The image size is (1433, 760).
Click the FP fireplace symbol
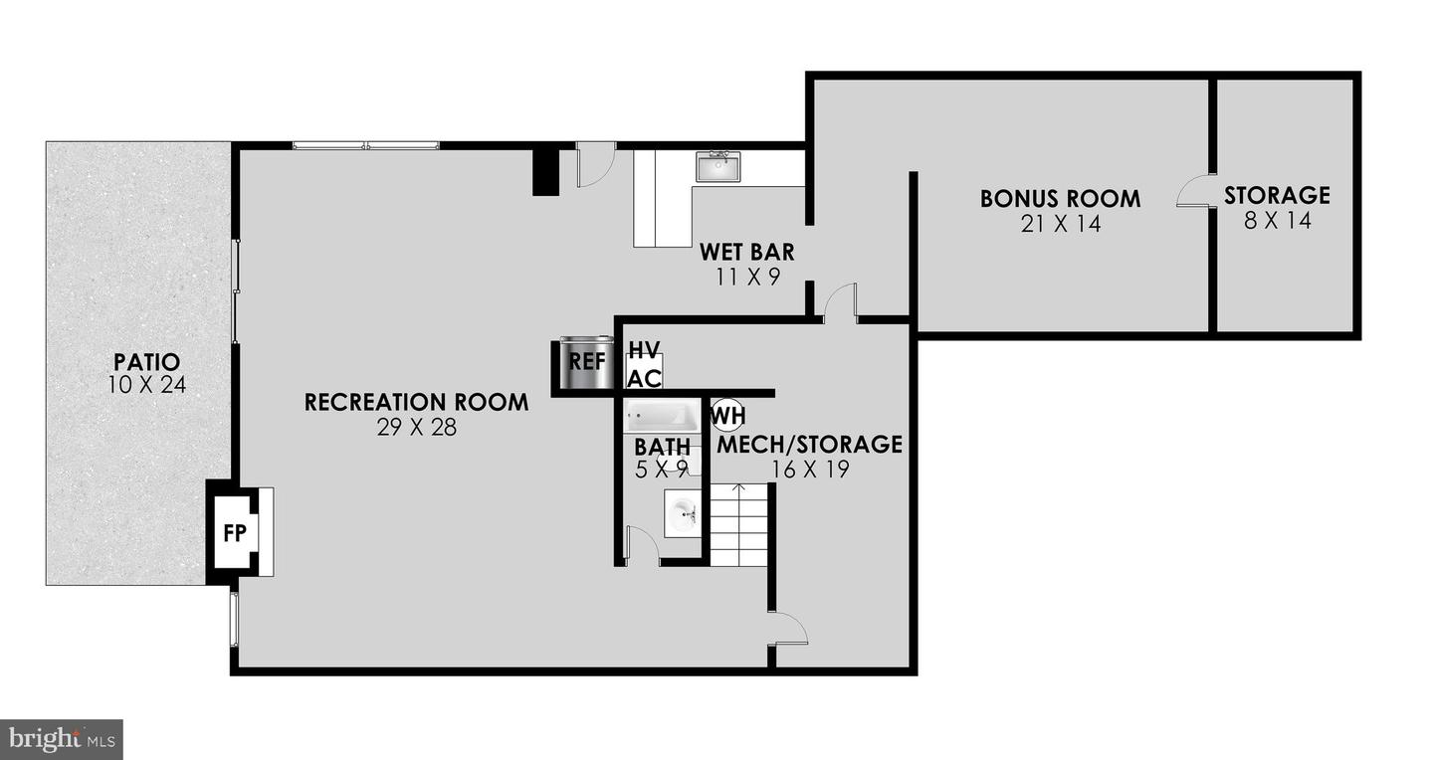click(x=235, y=532)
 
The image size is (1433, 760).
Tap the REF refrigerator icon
click(x=586, y=360)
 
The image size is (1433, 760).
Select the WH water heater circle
click(x=727, y=413)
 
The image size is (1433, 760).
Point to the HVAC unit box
click(x=644, y=364)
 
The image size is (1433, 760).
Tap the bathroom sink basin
click(x=684, y=514)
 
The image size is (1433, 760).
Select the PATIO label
click(x=146, y=361)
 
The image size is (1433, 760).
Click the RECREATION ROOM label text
click(x=416, y=403)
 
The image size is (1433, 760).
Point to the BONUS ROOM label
click(x=1060, y=198)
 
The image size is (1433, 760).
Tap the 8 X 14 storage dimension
click(x=1277, y=221)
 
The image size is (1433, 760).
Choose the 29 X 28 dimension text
click(x=416, y=429)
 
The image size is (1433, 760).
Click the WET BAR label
click(x=746, y=252)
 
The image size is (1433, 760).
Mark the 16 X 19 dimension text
click(x=810, y=470)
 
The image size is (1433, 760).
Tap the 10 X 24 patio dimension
click(x=146, y=384)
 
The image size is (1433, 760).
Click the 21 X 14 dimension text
click(x=1060, y=224)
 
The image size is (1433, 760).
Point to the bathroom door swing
click(x=640, y=545)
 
